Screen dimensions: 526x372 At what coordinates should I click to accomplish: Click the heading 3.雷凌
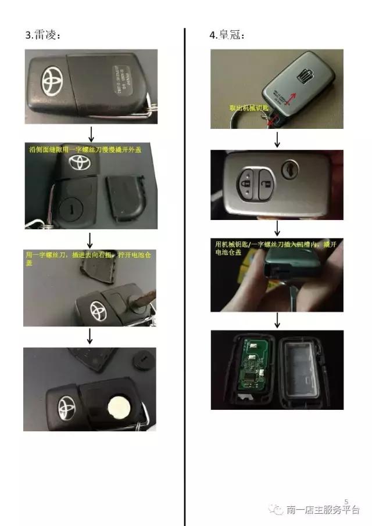tap(43, 35)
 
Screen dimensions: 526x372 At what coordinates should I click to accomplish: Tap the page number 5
tap(346, 501)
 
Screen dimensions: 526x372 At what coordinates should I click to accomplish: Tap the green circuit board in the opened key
tap(249, 369)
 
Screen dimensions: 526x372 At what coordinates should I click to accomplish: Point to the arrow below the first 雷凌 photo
tap(90, 132)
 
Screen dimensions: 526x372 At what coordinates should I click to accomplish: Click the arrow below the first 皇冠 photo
tap(277, 139)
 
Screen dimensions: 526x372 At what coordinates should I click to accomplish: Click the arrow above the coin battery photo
tap(90, 336)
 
